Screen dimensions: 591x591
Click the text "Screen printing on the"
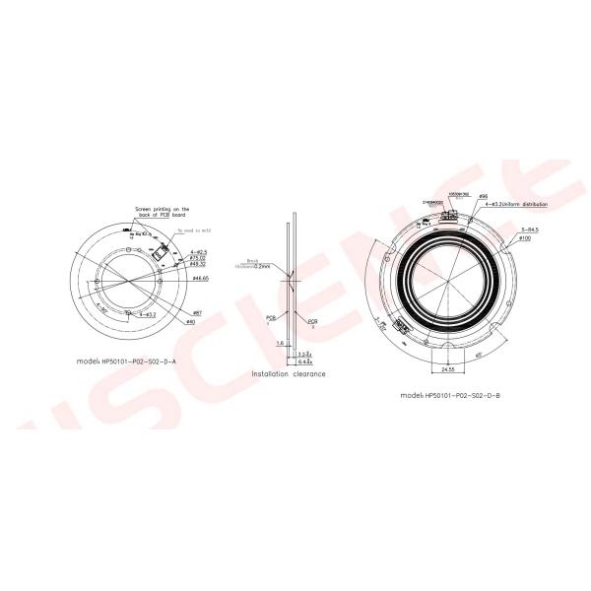click(162, 209)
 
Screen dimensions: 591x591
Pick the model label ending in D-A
click(127, 362)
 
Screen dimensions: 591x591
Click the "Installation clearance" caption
click(289, 374)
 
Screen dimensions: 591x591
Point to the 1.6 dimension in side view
click(281, 343)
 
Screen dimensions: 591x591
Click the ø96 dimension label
click(484, 196)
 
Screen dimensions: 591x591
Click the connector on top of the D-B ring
click(448, 213)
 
